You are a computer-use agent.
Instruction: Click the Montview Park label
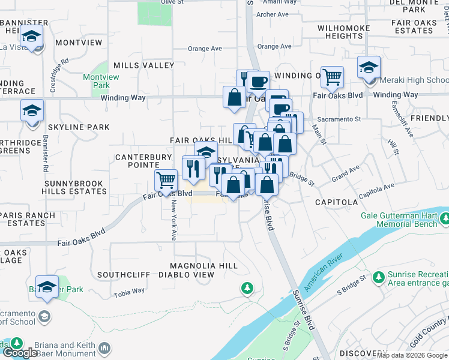pos(97,82)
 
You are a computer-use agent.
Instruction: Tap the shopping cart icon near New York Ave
pos(166,179)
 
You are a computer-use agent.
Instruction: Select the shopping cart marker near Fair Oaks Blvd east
pos(332,76)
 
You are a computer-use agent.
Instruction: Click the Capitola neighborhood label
pos(337,202)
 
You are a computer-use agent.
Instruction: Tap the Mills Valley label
pos(143,65)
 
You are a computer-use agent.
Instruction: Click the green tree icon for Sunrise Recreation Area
pos(378,277)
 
